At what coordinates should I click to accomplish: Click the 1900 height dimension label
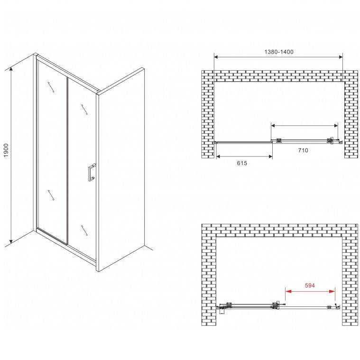6,150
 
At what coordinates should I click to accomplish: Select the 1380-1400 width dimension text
279,52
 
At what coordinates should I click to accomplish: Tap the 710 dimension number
303,150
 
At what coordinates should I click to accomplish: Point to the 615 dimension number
242,163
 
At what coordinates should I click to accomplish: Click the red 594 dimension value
310,286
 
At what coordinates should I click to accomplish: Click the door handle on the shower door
92,172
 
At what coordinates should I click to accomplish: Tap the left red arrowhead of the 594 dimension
288,291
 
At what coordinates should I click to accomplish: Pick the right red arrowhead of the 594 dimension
332,291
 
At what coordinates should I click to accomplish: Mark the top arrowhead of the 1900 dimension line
11,70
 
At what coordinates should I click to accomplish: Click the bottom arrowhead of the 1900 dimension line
11,241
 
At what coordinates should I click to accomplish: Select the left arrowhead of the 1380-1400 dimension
216,57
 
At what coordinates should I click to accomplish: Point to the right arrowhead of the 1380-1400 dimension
340,57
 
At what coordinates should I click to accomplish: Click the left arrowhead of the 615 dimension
218,157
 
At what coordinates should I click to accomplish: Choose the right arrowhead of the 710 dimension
336,125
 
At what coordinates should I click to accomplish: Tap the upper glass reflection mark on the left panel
51,87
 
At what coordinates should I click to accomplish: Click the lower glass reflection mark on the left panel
51,195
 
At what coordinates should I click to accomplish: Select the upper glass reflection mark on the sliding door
84,110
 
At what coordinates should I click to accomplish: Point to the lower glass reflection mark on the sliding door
84,231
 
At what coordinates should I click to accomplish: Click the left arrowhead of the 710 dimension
274,125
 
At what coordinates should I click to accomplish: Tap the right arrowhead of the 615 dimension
270,157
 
